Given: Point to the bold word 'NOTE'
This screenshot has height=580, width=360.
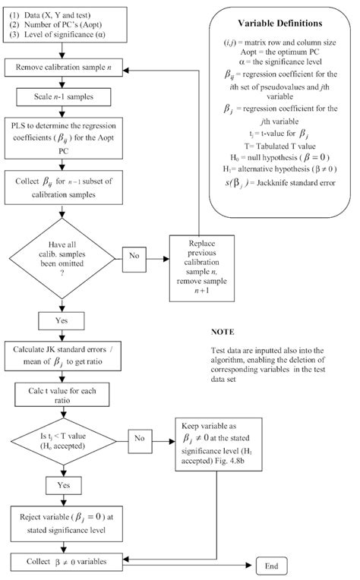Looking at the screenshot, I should coord(219,332).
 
